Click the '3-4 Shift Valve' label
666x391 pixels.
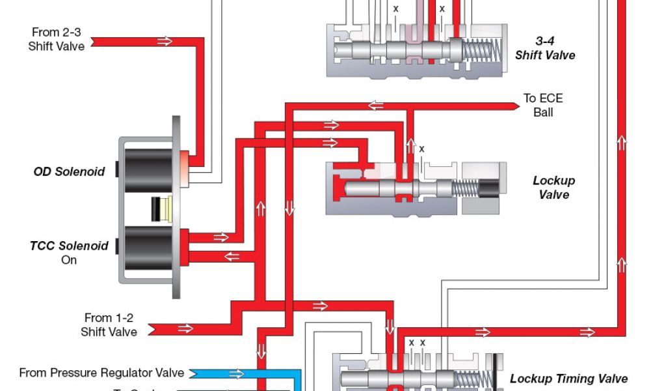coord(545,48)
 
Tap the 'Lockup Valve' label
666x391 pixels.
coord(553,188)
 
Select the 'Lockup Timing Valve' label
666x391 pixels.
coord(568,379)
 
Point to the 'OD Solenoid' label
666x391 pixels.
coord(69,172)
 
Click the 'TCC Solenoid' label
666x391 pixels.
coord(69,246)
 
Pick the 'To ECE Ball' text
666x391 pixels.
coord(543,105)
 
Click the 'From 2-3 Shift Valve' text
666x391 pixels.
coord(57,39)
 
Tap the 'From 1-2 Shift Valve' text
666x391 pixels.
coord(109,325)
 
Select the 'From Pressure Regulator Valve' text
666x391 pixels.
coord(101,373)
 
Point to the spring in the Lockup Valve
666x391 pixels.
coord(464,188)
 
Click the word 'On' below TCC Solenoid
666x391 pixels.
coord(69,259)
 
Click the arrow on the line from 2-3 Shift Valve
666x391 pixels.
coord(165,42)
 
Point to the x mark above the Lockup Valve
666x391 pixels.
coord(421,149)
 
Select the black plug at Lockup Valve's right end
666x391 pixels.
coord(488,188)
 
